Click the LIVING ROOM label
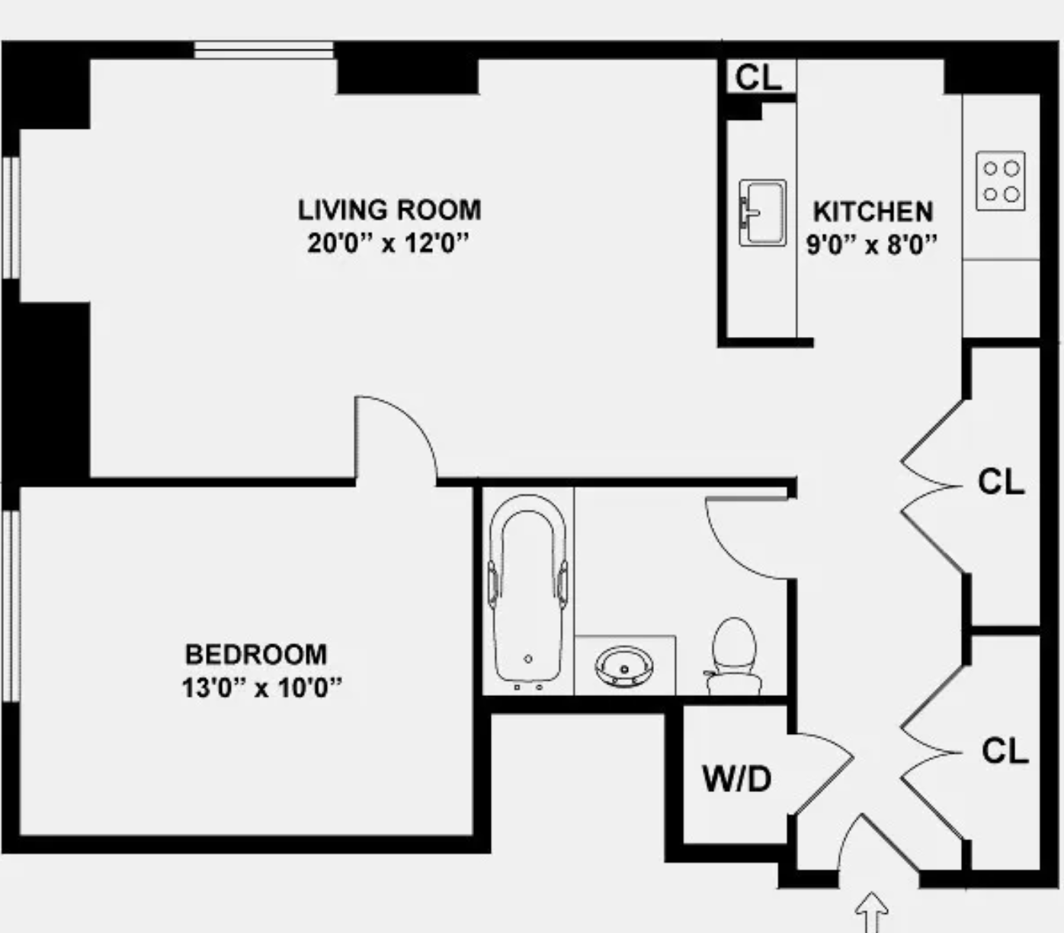(x=389, y=210)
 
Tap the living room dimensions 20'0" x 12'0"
(x=388, y=243)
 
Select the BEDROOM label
(x=256, y=654)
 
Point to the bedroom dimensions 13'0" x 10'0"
(x=261, y=688)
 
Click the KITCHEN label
(x=873, y=211)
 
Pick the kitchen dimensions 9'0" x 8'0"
(x=872, y=245)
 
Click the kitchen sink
(x=762, y=213)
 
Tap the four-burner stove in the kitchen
(x=1001, y=181)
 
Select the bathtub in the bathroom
(x=527, y=592)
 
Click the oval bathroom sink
(x=624, y=666)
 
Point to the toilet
(x=734, y=656)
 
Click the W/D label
(x=736, y=779)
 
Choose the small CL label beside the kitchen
(x=758, y=77)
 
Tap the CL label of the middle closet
(x=1001, y=482)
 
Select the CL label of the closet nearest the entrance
(x=1005, y=751)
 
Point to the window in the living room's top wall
(x=264, y=50)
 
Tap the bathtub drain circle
(x=528, y=659)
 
